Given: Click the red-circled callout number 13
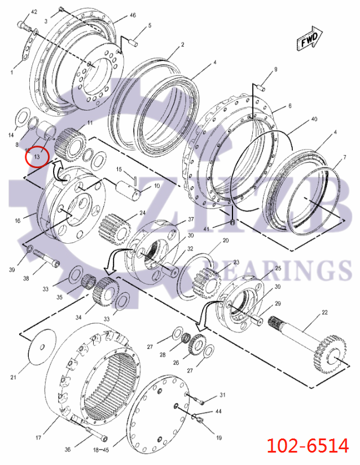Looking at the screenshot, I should coord(38,156).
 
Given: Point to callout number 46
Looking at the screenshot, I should coord(133,15).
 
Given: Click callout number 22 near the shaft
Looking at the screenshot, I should coord(324,312).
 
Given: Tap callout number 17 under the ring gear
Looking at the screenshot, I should coord(39,437).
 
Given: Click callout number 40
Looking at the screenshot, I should coord(314,119).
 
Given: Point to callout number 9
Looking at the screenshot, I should coord(275,69).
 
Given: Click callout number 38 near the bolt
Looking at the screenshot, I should coord(25,278).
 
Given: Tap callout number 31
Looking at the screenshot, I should coord(222,394).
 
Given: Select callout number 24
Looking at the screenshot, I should coord(142,213).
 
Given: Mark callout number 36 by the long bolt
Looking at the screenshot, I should coord(68,449).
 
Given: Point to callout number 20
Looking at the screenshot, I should coord(226,240).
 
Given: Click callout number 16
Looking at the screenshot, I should coord(17,221).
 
